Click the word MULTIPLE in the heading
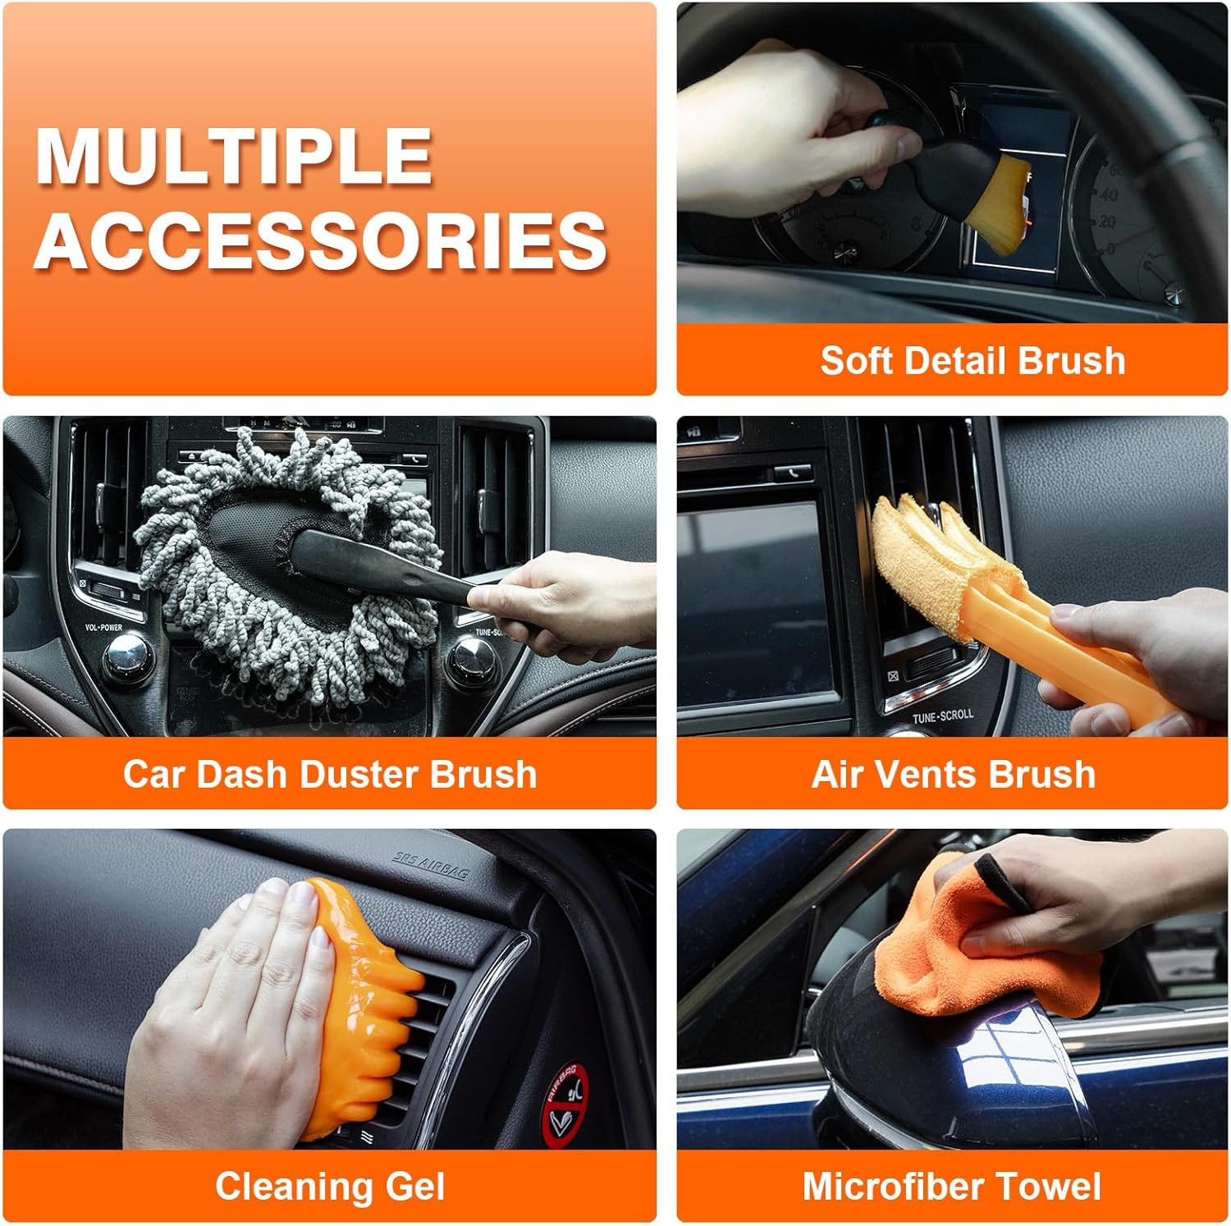[x=235, y=156]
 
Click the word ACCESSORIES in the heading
[x=321, y=240]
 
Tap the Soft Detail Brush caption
[x=972, y=360]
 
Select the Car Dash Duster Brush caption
[x=330, y=774]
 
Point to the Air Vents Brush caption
[x=954, y=774]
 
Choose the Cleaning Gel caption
[x=330, y=1187]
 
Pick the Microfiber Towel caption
[x=952, y=1187]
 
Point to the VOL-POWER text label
[x=103, y=628]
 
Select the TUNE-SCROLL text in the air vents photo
[x=943, y=716]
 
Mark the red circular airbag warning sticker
[x=565, y=1104]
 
